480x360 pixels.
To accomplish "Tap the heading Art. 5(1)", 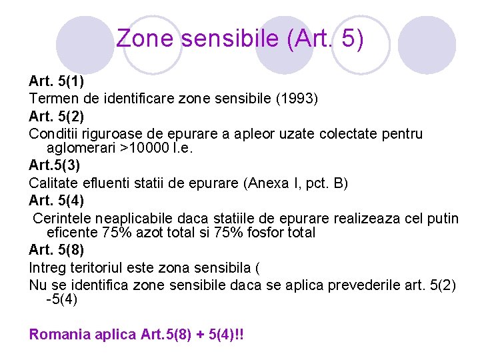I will (x=56, y=82).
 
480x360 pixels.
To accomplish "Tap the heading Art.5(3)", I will (x=55, y=165).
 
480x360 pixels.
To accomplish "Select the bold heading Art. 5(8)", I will (x=56, y=251).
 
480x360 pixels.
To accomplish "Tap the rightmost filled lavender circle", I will (x=427, y=45).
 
